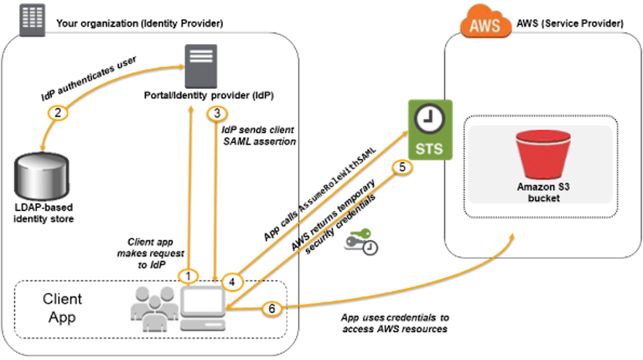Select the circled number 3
217,114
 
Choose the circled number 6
270,308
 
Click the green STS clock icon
429,129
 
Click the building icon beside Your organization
29,18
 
